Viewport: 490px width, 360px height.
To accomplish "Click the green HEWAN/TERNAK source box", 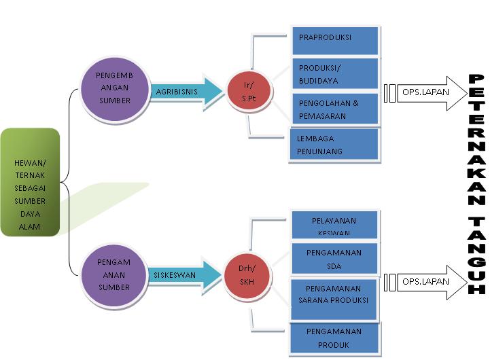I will (30, 183).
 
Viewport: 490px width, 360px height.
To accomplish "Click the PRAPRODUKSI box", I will (334, 39).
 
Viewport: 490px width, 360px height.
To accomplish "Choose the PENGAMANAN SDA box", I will (334, 258).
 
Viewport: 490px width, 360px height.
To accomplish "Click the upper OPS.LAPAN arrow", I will (429, 91).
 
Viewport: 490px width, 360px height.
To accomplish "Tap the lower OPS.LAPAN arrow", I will (429, 281).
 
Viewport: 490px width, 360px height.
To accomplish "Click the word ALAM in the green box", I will (30, 227).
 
